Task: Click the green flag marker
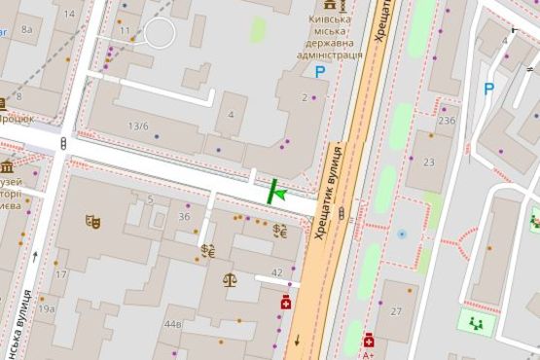click(276, 193)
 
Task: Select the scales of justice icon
click(231, 279)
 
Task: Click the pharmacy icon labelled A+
click(370, 341)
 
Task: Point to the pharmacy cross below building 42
click(286, 303)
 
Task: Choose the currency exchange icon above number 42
click(280, 232)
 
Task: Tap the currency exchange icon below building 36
click(207, 250)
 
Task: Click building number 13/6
click(139, 126)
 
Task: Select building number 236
click(447, 121)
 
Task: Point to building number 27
click(396, 311)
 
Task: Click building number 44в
click(173, 324)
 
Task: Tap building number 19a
click(47, 309)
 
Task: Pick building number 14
click(69, 15)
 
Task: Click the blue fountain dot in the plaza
click(401, 234)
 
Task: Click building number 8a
click(26, 30)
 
